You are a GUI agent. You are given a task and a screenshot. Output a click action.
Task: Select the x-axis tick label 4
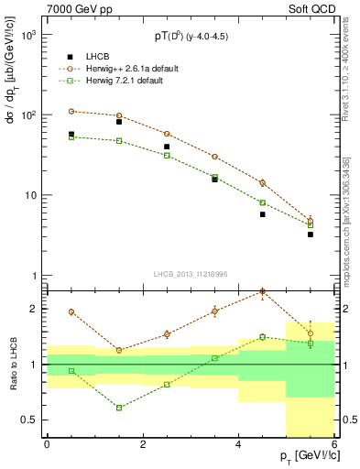238,446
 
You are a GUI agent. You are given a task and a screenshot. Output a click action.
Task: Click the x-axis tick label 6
334,446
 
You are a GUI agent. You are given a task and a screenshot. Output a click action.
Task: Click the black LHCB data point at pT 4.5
263,214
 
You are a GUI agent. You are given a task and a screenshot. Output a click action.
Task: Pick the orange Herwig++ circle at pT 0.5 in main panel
71,111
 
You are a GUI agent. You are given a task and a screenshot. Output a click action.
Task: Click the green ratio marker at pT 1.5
119,408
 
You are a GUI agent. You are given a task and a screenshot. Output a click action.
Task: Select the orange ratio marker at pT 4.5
263,292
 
